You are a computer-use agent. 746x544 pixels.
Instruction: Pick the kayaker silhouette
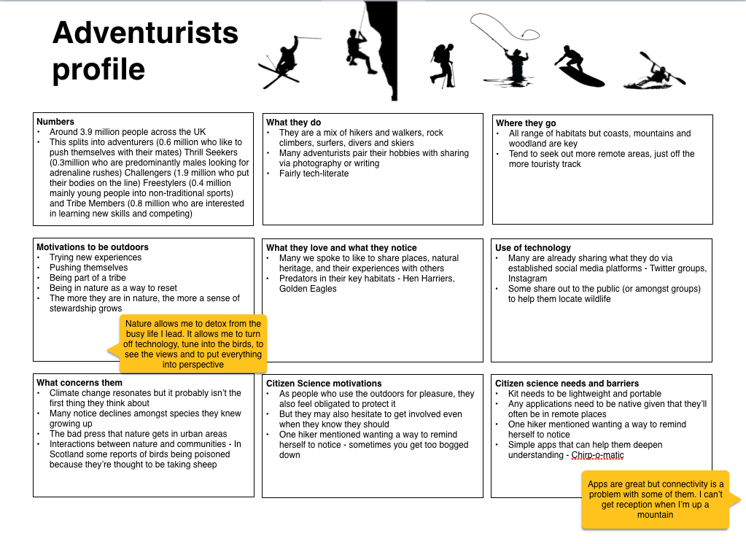[x=654, y=73]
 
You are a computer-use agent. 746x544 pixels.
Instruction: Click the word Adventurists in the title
[x=146, y=33]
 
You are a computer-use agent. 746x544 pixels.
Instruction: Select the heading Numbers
[x=55, y=122]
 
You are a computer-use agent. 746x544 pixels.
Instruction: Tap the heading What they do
[x=294, y=123]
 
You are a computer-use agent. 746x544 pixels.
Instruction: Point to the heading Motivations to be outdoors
[x=93, y=247]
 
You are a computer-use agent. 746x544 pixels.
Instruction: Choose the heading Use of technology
[x=533, y=248]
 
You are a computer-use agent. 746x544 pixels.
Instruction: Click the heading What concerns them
[x=79, y=383]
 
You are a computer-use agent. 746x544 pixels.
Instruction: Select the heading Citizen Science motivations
[x=324, y=384]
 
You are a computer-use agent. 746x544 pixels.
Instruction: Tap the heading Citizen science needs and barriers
[x=567, y=384]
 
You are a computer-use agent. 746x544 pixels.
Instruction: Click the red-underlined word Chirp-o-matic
[x=597, y=455]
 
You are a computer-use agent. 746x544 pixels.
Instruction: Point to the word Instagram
[x=527, y=279]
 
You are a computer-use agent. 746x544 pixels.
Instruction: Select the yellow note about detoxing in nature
[x=193, y=343]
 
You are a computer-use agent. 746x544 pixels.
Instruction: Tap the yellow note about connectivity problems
[x=656, y=500]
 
